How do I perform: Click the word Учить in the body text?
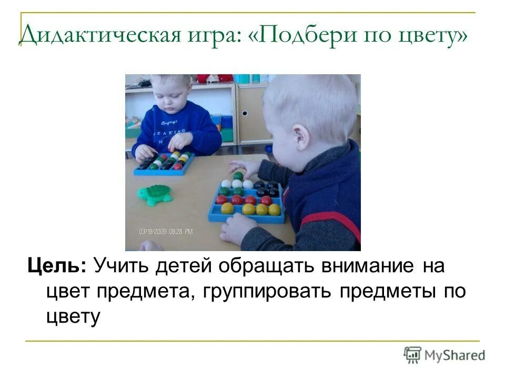(121, 266)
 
